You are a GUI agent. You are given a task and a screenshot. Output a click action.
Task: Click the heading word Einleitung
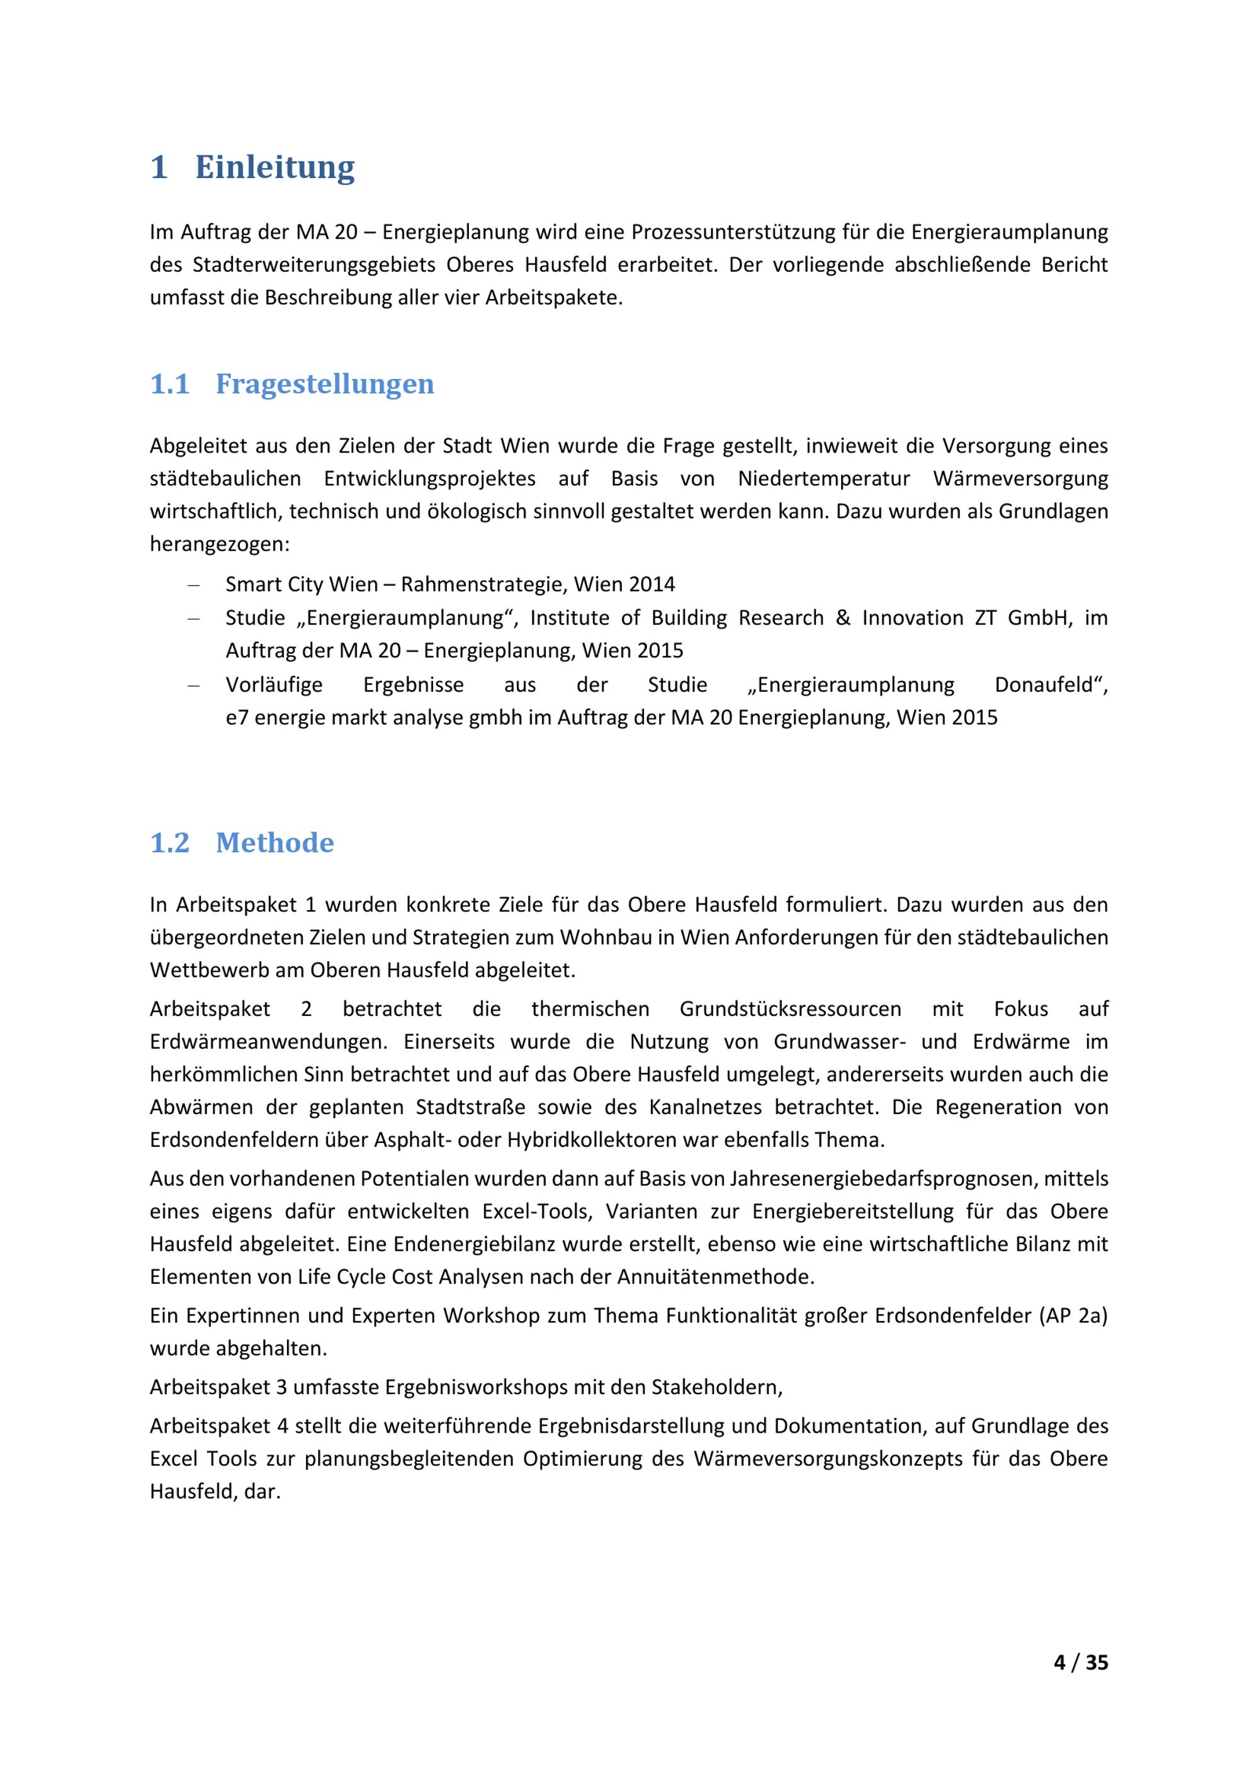coord(274,167)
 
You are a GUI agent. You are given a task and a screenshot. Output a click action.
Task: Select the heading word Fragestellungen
coord(324,384)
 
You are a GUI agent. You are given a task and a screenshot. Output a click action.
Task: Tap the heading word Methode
coord(274,843)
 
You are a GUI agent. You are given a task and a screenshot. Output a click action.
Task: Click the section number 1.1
coord(170,384)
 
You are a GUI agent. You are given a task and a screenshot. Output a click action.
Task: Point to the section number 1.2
coord(170,843)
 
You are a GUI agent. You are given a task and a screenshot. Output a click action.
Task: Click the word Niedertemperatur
coord(823,478)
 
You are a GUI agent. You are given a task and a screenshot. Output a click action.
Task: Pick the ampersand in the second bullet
coord(843,618)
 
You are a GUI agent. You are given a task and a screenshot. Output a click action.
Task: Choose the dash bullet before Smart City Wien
coord(194,585)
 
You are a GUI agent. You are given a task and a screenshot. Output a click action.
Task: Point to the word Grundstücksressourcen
coord(790,1008)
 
